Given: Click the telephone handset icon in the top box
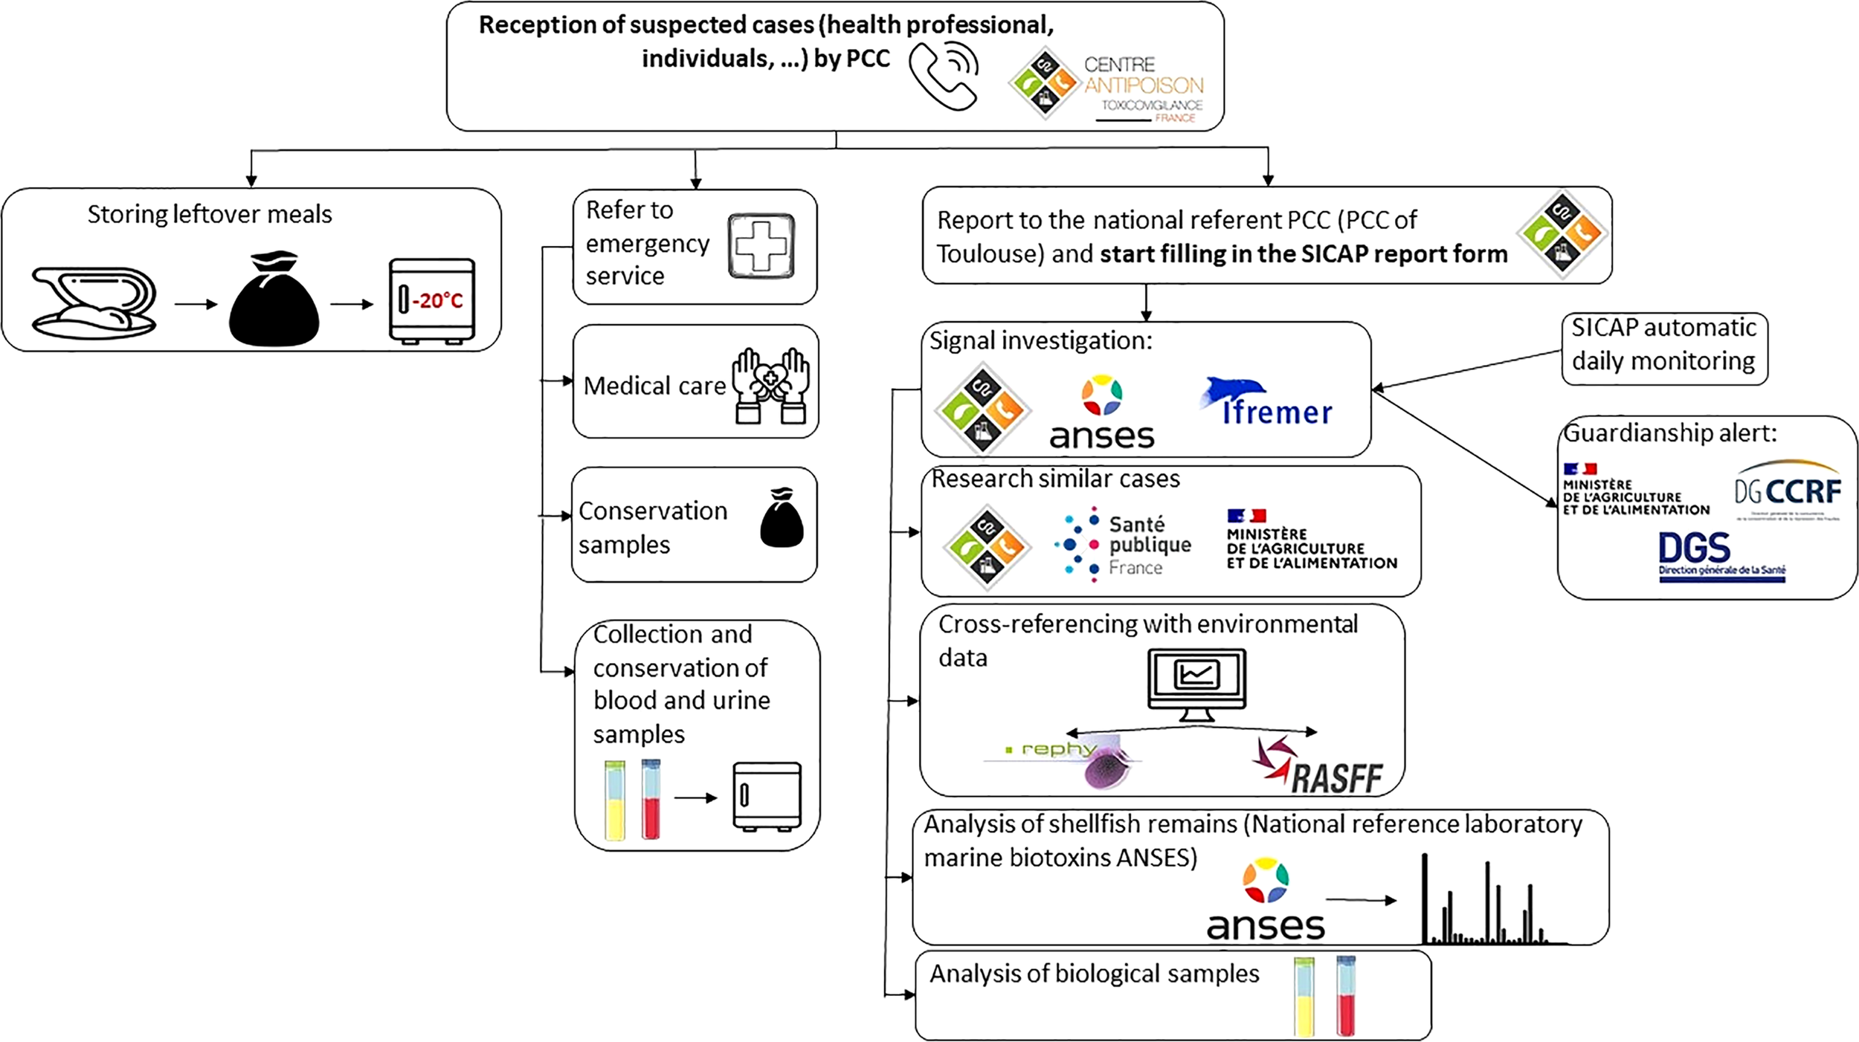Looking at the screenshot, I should click(x=943, y=77).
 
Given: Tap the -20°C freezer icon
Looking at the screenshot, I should click(x=432, y=301).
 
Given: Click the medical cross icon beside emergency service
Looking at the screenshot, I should click(x=761, y=246).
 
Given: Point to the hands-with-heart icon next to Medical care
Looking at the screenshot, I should click(x=770, y=385).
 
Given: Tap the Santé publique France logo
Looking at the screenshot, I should click(x=1122, y=545).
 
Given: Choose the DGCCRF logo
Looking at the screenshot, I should click(x=1788, y=490).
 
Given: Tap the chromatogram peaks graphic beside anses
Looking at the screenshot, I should click(x=1484, y=903).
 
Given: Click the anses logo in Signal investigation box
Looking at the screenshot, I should click(x=1102, y=412).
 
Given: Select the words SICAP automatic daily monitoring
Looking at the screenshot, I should click(x=1663, y=345).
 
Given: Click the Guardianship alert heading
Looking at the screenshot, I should click(x=1669, y=433).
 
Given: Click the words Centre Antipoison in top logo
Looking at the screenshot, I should click(x=1142, y=76).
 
